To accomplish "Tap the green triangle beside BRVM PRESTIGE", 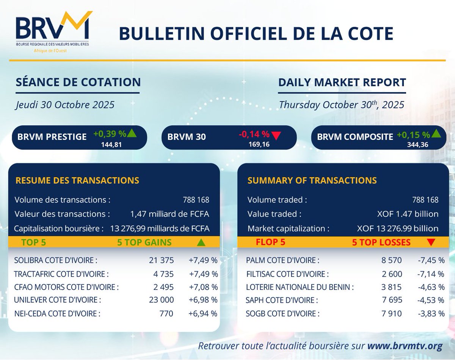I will coord(132,133).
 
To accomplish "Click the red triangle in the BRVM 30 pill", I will coord(276,136).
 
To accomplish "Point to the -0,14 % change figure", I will coord(254,134).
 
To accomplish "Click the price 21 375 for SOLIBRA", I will coord(162,260).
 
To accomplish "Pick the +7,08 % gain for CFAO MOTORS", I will coord(203,287).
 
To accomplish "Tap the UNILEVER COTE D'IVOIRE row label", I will coord(57,300).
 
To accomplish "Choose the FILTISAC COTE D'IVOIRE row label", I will coord(287,274).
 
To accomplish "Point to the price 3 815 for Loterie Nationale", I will coord(391,287).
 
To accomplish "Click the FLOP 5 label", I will coord(270,242).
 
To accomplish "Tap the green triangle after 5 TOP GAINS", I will coord(201,243).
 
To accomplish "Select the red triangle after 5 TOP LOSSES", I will coord(431,242).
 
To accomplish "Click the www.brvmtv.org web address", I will coord(405,346).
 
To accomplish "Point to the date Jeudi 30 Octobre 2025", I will coord(65,105).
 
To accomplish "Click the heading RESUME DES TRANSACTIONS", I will coord(77,180).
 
